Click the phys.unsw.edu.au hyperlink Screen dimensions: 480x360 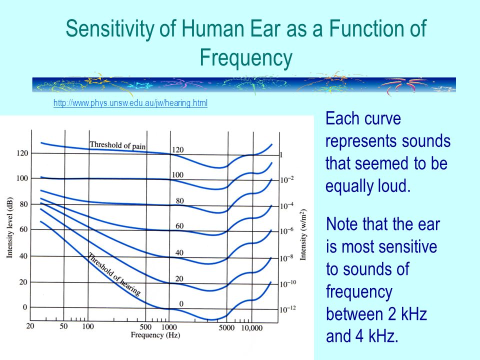coord(130,103)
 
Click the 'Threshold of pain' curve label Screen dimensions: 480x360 coord(117,145)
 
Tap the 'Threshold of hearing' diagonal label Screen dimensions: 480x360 coord(114,274)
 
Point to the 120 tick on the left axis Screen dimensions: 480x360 coord(22,153)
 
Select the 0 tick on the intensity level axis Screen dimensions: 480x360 coord(25,307)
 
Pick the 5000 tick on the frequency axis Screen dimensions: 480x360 coord(226,328)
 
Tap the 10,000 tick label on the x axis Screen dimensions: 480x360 coord(252,328)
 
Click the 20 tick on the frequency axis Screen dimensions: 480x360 coord(30,325)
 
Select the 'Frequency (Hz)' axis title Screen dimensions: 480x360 coord(155,335)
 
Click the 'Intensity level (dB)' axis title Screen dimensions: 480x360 coord(10,227)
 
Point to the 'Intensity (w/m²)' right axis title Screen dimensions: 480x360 coord(303,235)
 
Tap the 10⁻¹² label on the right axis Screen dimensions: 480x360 coord(288,309)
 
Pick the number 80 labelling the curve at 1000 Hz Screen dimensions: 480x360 coord(179,201)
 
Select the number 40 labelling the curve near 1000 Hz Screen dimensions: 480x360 coord(179,253)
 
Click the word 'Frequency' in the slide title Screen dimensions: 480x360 coord(246,58)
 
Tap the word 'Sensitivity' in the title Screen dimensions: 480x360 coord(110,28)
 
